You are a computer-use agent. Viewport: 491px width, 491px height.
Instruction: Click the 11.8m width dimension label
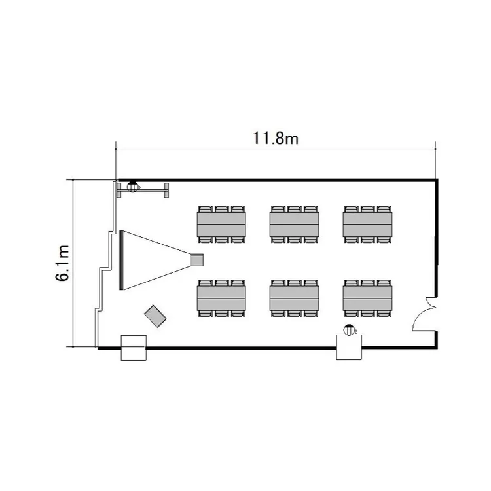click(275, 138)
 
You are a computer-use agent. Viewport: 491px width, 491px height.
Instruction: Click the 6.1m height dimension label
click(62, 263)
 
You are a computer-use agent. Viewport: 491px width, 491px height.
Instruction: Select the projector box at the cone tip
click(197, 260)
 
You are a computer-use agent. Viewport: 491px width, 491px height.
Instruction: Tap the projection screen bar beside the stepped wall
click(121, 261)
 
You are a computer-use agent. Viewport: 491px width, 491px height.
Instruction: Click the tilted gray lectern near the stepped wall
click(155, 316)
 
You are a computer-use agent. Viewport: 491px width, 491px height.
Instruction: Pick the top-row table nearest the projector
click(221, 225)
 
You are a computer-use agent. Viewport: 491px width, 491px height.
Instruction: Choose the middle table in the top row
click(295, 225)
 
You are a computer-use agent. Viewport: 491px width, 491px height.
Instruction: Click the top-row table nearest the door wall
click(367, 225)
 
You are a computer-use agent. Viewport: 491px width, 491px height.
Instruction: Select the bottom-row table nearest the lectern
click(221, 299)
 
